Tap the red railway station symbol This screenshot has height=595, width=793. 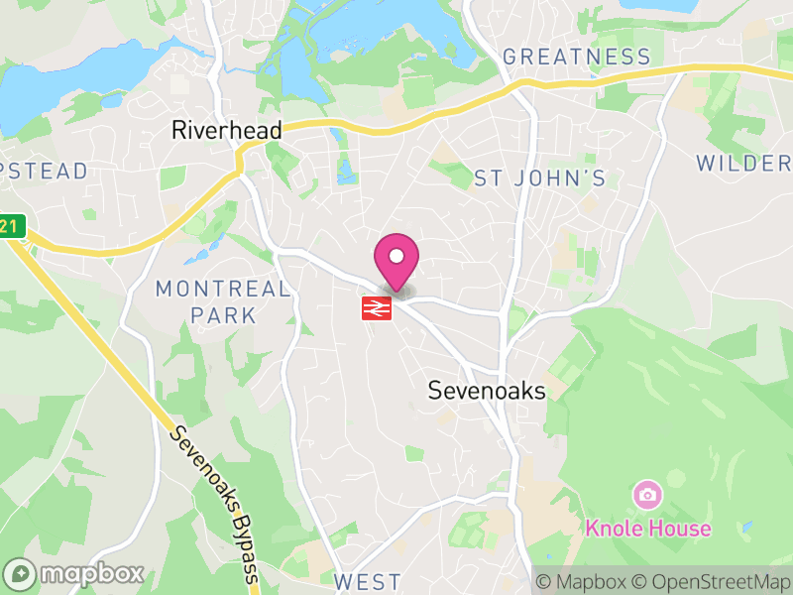[x=377, y=308]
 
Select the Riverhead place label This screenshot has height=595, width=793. [x=227, y=130]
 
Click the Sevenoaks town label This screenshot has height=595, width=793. [x=487, y=391]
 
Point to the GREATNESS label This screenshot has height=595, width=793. [x=576, y=57]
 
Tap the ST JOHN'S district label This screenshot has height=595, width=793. [x=539, y=178]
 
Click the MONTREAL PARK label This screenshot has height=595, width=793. [x=223, y=302]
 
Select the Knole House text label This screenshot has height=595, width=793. [x=647, y=528]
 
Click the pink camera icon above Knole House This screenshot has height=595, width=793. [x=647, y=494]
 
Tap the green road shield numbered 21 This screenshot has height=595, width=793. [x=10, y=226]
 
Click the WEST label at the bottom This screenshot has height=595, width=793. [x=368, y=581]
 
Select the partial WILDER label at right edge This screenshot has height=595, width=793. [x=743, y=164]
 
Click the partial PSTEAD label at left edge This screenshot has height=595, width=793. [x=45, y=172]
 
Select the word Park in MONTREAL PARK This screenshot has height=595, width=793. [x=223, y=316]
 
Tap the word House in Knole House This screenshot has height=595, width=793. [x=680, y=528]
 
